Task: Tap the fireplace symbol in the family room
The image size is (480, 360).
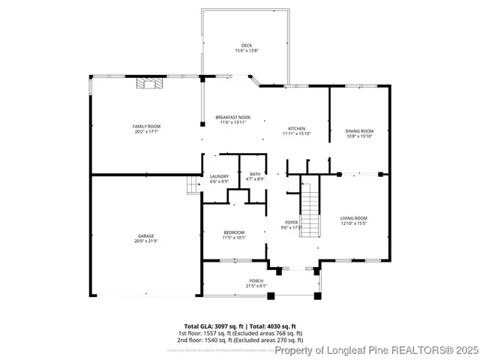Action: click(x=148, y=84)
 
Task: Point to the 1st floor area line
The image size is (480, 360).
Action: click(x=240, y=333)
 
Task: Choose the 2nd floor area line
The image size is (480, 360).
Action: click(x=240, y=340)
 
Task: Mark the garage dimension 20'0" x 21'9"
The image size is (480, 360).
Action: click(x=145, y=241)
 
